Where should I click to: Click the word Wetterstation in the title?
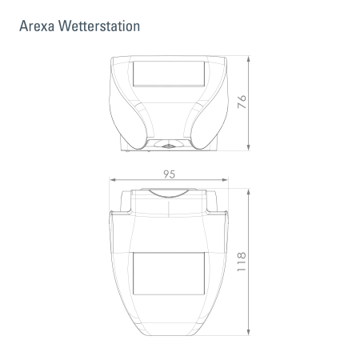tap(100, 26)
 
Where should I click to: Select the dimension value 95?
tap(170, 174)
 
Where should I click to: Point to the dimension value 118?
tap(240, 261)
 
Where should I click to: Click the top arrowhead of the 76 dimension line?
tap(251, 59)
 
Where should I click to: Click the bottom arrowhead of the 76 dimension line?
tap(251, 148)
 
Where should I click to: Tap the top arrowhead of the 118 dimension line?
tap(251, 190)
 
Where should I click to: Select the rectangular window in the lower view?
tap(169, 273)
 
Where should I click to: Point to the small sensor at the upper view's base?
tap(169, 145)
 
